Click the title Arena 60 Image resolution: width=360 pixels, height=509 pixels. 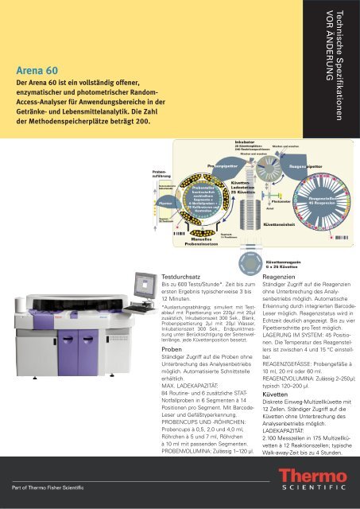click(x=37, y=68)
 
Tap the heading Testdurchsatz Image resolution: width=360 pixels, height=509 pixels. click(x=184, y=276)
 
